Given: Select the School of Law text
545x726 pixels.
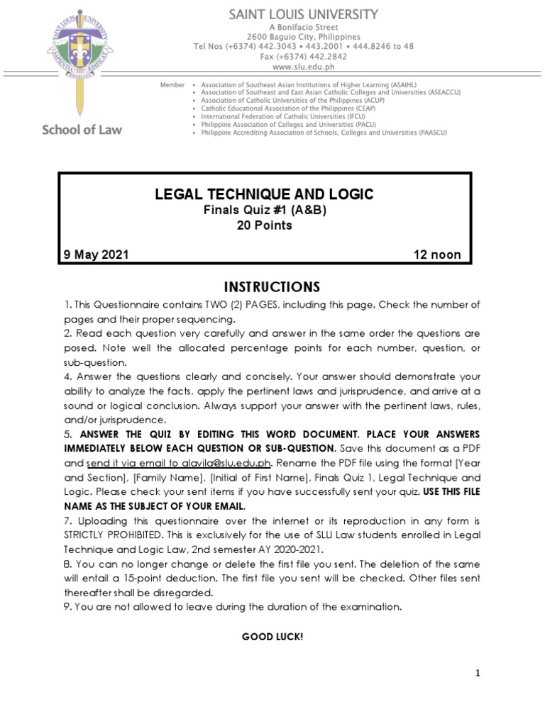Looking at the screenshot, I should tap(82, 129).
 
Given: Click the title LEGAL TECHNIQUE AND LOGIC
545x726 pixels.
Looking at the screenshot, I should tap(264, 194).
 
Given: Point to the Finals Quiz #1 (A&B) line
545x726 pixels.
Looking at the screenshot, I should tap(264, 211).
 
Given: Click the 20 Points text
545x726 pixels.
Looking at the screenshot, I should tap(264, 225).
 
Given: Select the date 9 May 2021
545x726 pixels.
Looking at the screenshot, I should tap(97, 255).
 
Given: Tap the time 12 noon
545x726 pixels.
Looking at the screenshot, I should tap(437, 255).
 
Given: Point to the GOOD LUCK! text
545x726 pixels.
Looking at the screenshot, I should tap(272, 637).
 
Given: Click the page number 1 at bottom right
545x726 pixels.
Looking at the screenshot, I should tap(478, 674).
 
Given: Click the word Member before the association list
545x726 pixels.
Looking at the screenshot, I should tap(172, 84).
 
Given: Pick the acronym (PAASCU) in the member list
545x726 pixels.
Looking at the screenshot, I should tap(426, 133).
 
